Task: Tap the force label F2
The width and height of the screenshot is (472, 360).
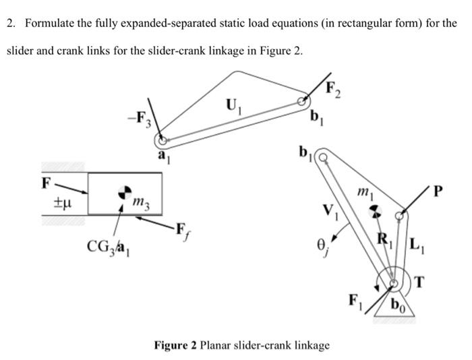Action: [x=333, y=88]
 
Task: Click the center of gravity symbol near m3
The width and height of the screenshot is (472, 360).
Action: [x=124, y=193]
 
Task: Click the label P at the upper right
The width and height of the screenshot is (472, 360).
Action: [x=440, y=191]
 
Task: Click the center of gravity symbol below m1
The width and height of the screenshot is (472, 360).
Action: [x=373, y=210]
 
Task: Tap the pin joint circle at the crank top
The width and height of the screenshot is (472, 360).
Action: [x=323, y=158]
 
